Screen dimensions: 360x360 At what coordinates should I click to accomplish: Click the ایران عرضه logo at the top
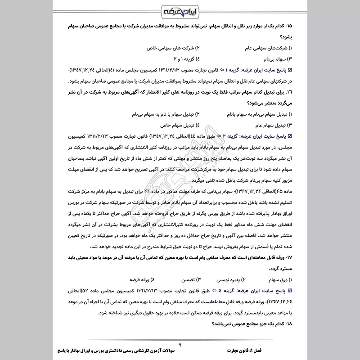180,10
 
